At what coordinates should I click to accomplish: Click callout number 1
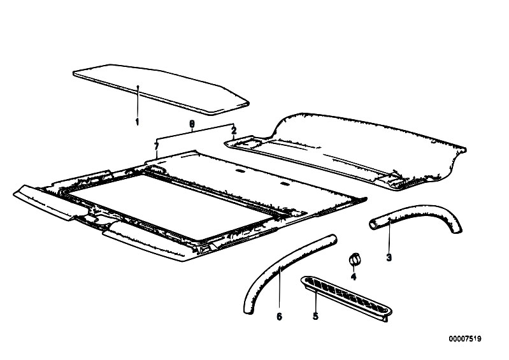tap(137, 122)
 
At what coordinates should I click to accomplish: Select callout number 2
tap(234, 131)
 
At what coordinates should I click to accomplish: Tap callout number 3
tap(389, 258)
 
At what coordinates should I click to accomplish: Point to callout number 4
tap(354, 277)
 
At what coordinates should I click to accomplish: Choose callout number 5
tap(315, 316)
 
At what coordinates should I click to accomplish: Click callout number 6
tap(279, 316)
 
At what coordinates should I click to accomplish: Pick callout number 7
tap(157, 147)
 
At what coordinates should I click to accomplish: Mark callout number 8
tap(192, 124)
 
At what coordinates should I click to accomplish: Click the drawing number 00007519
tap(465, 339)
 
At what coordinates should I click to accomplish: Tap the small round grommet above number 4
tap(354, 259)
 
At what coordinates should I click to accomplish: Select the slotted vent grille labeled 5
tap(346, 298)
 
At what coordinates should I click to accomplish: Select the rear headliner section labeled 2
tap(347, 151)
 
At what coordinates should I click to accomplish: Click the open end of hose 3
tap(373, 224)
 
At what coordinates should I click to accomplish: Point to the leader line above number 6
tap(280, 289)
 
